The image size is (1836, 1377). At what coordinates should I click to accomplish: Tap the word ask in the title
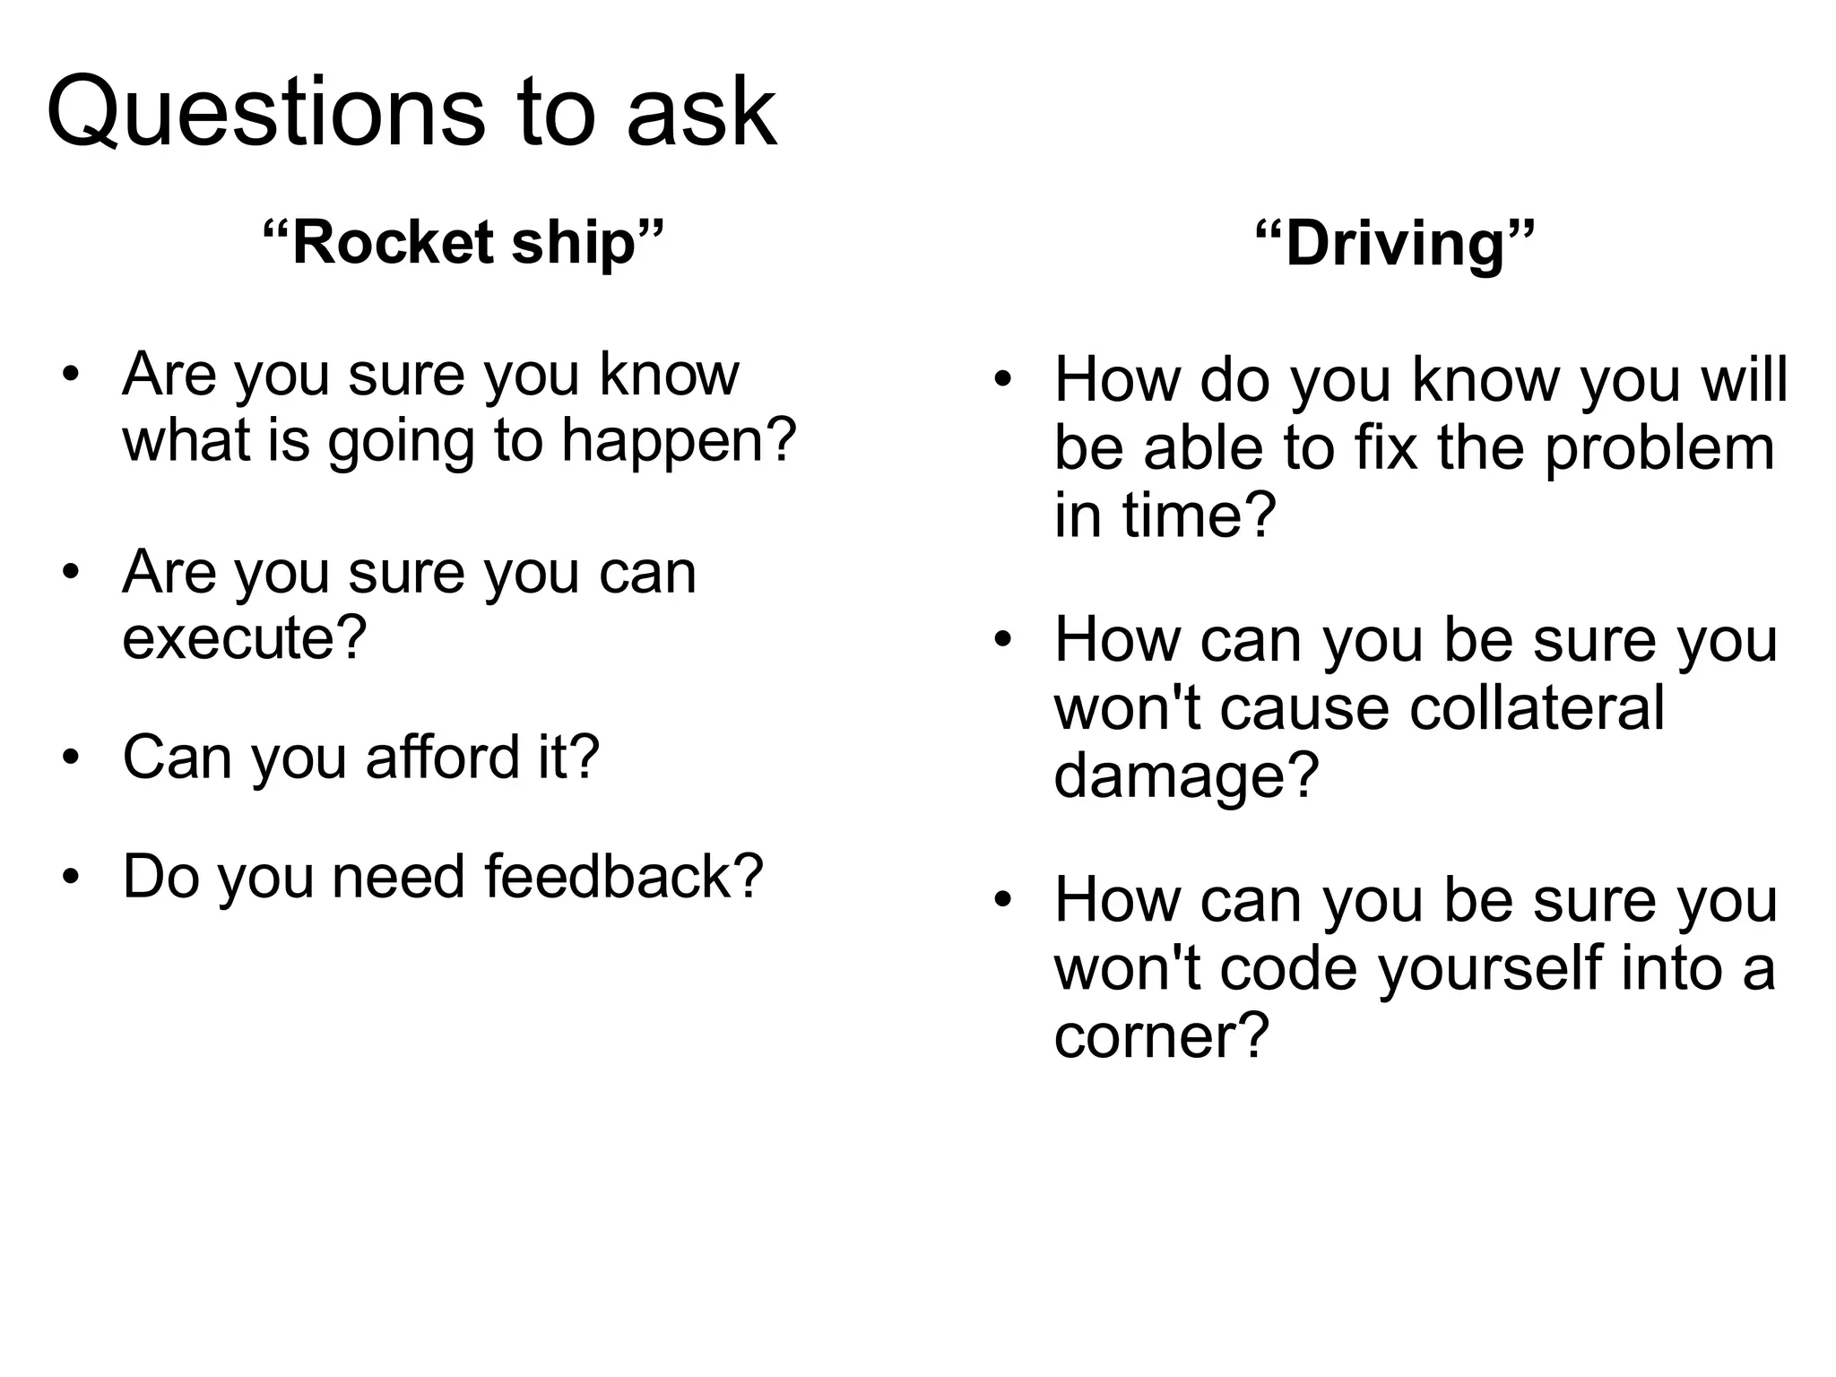click(x=701, y=113)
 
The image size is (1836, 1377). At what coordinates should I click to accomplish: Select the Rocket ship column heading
click(x=463, y=243)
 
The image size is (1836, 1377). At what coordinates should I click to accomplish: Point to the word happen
click(x=679, y=441)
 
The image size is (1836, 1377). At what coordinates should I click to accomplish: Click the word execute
click(x=244, y=638)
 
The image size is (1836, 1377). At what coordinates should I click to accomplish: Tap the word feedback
click(x=623, y=876)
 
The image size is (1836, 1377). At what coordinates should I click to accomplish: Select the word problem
click(x=1658, y=448)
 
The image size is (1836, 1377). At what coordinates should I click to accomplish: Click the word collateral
click(x=1537, y=708)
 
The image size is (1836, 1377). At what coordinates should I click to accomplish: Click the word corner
click(x=1161, y=1036)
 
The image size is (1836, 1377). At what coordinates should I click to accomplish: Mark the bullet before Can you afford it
click(x=72, y=758)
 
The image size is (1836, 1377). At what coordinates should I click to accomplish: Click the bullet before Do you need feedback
click(x=72, y=877)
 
